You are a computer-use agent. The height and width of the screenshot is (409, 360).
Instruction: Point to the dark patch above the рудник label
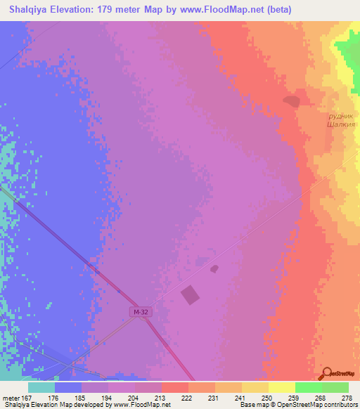[x=291, y=102]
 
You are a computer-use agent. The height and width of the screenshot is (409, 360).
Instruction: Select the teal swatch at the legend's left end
[x=41, y=387]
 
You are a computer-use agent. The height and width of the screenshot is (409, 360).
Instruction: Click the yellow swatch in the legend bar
[x=281, y=387]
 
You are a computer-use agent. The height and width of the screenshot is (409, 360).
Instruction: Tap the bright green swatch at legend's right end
[x=335, y=387]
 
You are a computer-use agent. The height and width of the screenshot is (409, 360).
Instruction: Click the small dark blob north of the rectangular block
[x=214, y=268]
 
